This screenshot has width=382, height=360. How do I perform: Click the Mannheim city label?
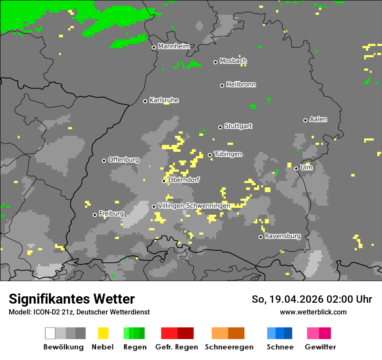pos(174,46)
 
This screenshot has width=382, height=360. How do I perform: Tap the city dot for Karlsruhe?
pos(145,101)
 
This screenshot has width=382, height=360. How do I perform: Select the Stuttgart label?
pos(238,126)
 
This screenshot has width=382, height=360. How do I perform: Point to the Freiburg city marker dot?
pos(95,215)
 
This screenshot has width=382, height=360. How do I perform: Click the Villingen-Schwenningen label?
pos(194,206)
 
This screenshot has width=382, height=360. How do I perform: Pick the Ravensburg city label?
pos(283,236)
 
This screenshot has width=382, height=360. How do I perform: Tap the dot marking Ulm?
pos(296,168)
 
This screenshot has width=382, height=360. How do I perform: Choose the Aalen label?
pos(318,119)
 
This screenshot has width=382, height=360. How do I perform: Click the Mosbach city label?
pos(233,61)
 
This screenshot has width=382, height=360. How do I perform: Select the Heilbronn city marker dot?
pos(222,85)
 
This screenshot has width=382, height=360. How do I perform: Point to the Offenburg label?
pos(123,160)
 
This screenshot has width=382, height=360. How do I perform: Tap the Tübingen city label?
pos(228,154)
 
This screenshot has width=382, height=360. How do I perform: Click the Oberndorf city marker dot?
pos(164,181)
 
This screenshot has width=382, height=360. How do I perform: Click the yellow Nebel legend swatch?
pos(103,333)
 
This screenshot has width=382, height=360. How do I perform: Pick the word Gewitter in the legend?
pos(320,347)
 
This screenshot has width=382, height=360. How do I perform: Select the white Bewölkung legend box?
pos(50,333)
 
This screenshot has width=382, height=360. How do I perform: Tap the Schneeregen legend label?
pos(229,347)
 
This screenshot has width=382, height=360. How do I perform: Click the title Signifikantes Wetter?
pos(72,299)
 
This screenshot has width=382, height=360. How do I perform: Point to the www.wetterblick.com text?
pos(313,312)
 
